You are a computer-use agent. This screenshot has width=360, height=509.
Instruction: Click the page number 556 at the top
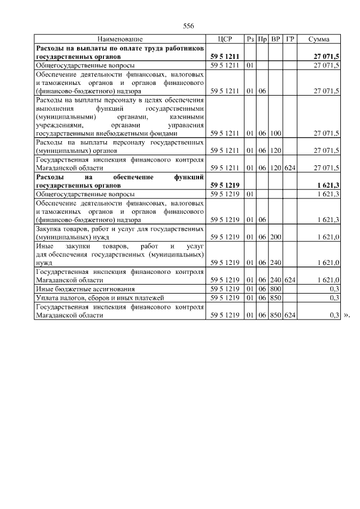(188, 26)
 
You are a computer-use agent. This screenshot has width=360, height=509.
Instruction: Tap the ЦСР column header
(224, 39)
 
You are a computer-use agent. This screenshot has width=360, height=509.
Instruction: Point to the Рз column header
(250, 39)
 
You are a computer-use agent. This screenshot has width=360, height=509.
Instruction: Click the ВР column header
(276, 39)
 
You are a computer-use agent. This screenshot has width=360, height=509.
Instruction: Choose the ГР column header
(290, 39)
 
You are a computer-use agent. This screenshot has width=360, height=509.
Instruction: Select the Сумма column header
(319, 39)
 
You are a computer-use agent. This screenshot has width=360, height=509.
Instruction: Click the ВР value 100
(276, 134)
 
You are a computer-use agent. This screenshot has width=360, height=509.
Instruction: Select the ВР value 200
(276, 237)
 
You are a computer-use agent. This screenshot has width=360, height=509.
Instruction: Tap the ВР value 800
(276, 289)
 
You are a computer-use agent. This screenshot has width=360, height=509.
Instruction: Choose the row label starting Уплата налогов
(93, 297)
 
